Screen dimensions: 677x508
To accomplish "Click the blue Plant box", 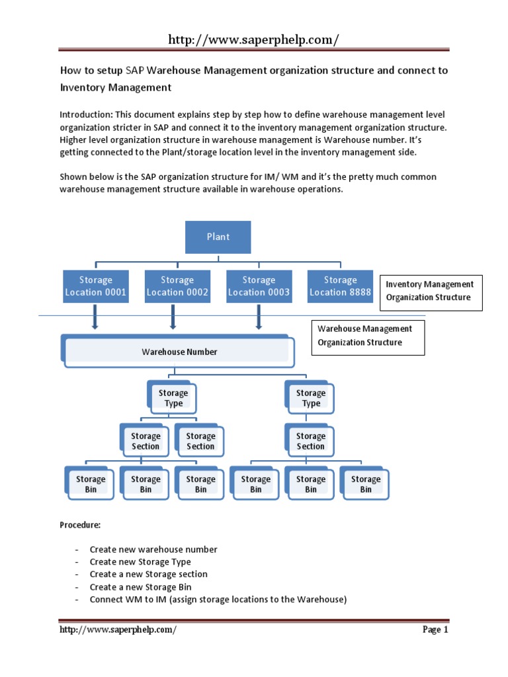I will pos(218,237).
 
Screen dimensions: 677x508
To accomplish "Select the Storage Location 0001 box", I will pos(95,286).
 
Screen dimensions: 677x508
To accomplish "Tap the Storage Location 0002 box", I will pos(177,286).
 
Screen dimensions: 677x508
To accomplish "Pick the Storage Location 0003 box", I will pos(259,286).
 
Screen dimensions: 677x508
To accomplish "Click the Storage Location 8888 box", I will pos(340,286).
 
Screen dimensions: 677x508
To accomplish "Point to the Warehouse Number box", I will pos(179,352).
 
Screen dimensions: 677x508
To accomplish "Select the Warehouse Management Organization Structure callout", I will pos(367,335).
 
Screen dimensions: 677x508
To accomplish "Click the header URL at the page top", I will pos(253,40).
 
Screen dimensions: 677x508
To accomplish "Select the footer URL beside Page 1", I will pos(118,629).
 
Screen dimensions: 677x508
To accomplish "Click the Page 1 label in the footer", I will pos(435,629).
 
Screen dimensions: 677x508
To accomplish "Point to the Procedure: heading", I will pos(80,525).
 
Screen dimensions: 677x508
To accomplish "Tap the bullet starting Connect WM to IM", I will pos(218,600).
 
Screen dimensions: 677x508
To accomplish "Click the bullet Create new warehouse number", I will pos(154,549).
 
